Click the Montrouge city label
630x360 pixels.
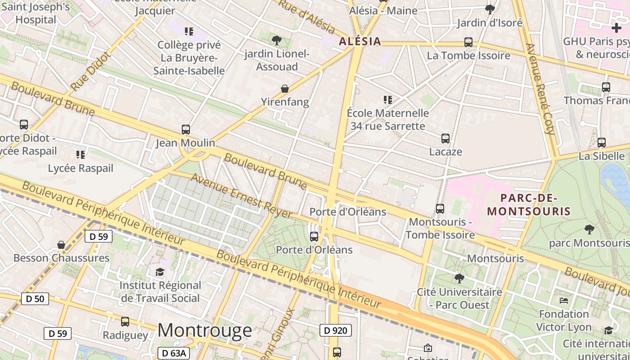click(204, 330)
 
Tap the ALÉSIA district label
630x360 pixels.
click(360, 42)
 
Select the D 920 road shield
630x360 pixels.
click(335, 331)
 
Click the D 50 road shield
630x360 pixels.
click(35, 298)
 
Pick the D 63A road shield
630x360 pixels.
click(173, 353)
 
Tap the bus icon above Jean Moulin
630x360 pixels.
click(185, 130)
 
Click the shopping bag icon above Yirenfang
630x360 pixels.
click(285, 89)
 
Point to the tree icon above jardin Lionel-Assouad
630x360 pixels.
click(277, 40)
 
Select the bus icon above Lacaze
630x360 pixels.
click(445, 139)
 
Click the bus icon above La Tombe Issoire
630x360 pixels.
click(468, 42)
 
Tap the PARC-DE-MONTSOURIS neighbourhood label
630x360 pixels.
click(529, 205)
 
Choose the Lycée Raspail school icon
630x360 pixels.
click(81, 155)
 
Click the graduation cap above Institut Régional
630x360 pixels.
click(160, 272)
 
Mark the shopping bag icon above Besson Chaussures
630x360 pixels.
click(61, 245)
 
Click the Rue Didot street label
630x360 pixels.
click(90, 72)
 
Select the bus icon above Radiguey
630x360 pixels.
click(125, 322)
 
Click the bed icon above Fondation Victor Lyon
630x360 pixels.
click(563, 300)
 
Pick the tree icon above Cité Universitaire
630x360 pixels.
click(459, 278)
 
